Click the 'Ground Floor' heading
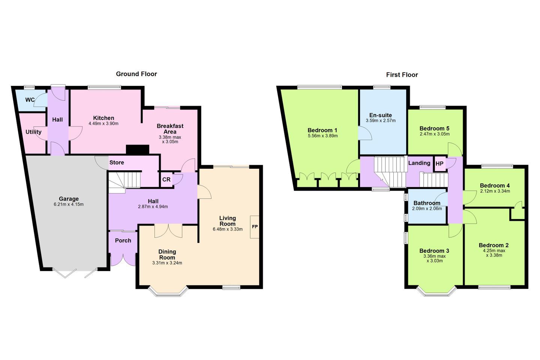[x=136, y=74]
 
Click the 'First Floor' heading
[x=402, y=75]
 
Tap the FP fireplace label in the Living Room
[x=255, y=226]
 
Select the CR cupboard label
[x=166, y=179]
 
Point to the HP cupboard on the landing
[x=439, y=164]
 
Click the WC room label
[x=30, y=100]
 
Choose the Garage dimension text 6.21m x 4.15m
[x=69, y=204]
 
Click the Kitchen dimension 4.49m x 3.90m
[x=103, y=124]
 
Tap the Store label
[x=117, y=162]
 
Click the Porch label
[x=123, y=241]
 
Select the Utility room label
[x=33, y=132]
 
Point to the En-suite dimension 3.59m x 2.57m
[x=381, y=121]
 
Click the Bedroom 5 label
[x=434, y=128]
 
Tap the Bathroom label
[x=427, y=203]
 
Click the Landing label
[x=419, y=163]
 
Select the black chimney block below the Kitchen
[x=138, y=150]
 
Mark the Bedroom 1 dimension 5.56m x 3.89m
[x=322, y=136]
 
